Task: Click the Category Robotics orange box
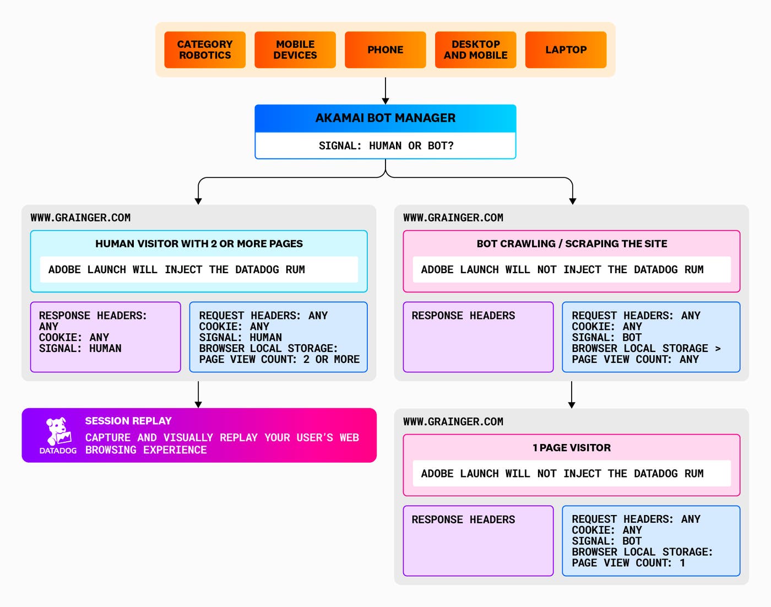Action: click(x=205, y=50)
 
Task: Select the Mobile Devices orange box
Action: click(x=295, y=50)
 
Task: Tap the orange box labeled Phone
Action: click(x=385, y=50)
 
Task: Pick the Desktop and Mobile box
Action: click(x=476, y=50)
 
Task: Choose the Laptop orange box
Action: click(x=566, y=50)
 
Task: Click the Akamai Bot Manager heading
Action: click(x=385, y=118)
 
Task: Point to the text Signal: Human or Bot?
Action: click(x=385, y=146)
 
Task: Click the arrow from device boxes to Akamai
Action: click(x=385, y=90)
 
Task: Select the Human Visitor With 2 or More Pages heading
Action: click(x=199, y=243)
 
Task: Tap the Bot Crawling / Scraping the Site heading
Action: click(x=572, y=243)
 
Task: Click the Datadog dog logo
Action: click(x=58, y=431)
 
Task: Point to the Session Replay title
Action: click(x=128, y=421)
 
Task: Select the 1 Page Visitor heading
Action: click(x=572, y=448)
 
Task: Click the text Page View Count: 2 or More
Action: click(x=279, y=360)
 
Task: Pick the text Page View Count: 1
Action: click(x=628, y=563)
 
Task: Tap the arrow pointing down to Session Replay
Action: click(x=198, y=394)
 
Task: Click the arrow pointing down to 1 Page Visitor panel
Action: click(x=572, y=394)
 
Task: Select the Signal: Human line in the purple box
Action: click(x=80, y=349)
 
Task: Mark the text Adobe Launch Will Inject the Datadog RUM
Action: click(x=176, y=270)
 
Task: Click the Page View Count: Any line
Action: click(x=635, y=360)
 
